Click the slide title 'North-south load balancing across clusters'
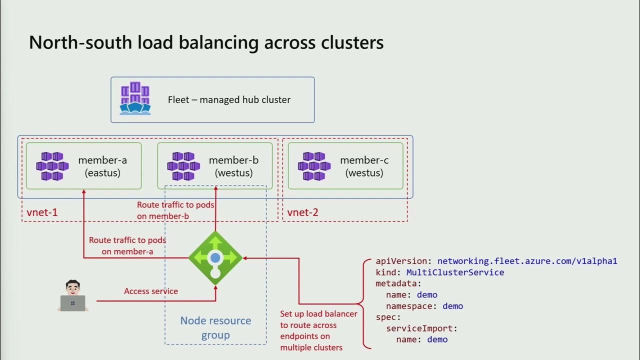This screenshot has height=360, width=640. tap(206, 42)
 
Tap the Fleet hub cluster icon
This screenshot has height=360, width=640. tap(135, 99)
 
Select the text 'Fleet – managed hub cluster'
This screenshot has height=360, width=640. tap(229, 99)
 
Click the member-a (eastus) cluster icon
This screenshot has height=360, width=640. tap(52, 166)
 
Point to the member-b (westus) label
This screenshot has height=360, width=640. tap(233, 166)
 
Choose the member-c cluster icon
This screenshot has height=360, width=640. tap(314, 166)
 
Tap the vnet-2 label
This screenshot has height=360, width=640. tap(302, 212)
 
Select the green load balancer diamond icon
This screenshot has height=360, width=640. tap(215, 258)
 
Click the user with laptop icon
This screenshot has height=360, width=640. tap(73, 295)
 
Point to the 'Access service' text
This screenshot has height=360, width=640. tap(151, 291)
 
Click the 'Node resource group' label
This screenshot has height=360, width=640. tap(215, 327)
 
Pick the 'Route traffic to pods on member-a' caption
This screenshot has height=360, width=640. tap(127, 245)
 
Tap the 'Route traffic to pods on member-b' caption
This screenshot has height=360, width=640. tap(176, 210)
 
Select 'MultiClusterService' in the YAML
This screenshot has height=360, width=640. tap(455, 272)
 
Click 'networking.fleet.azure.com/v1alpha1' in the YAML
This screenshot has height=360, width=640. tap(527, 261)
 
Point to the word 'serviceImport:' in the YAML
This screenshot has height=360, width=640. tap(422, 328)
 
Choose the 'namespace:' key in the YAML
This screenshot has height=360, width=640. tap(410, 306)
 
